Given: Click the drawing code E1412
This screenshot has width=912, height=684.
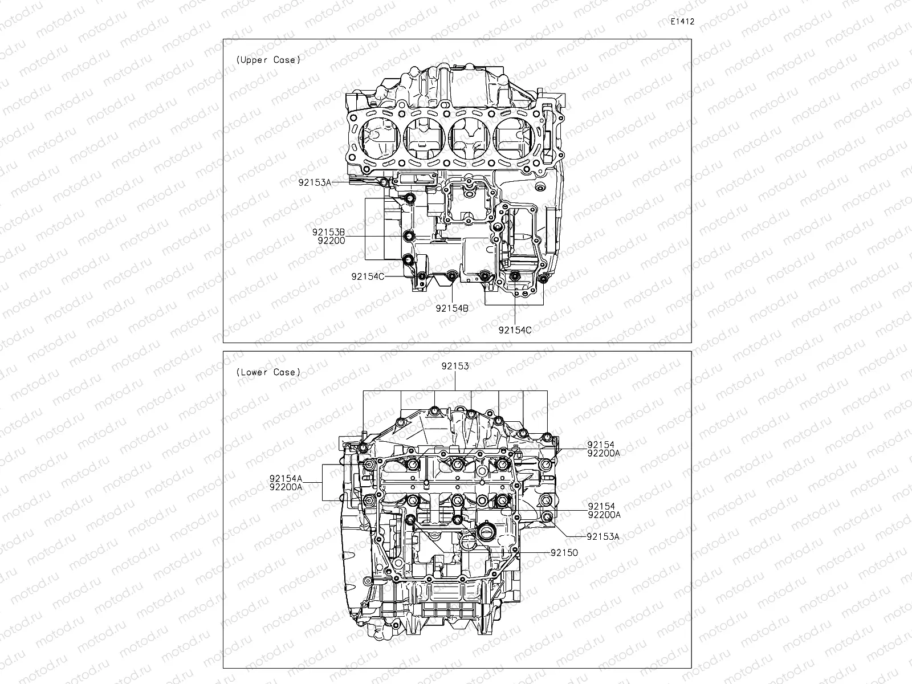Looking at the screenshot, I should [x=682, y=22].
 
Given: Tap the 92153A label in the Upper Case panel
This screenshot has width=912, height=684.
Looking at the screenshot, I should [x=314, y=182].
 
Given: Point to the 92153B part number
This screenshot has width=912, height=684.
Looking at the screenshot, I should [x=328, y=232].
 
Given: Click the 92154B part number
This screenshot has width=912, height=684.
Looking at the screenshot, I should [x=452, y=308].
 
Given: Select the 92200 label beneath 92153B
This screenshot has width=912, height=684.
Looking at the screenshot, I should [x=331, y=241].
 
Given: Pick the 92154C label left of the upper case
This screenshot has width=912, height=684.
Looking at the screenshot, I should [x=368, y=276].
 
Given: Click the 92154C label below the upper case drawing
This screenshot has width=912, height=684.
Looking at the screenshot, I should [x=515, y=329].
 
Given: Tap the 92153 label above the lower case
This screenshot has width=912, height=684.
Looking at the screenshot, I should [x=455, y=367].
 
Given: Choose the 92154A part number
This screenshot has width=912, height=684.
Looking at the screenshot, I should [x=286, y=478].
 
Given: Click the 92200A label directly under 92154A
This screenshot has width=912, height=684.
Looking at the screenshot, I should [x=286, y=487].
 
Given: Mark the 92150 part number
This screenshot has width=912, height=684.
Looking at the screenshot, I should [x=564, y=552].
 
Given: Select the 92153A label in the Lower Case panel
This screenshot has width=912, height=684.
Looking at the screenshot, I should [x=603, y=536].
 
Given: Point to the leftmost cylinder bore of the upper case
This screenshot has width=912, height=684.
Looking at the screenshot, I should [x=378, y=141].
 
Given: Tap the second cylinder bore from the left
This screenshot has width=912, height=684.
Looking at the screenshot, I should [x=424, y=141].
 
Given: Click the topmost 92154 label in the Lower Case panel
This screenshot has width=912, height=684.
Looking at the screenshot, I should [x=601, y=444].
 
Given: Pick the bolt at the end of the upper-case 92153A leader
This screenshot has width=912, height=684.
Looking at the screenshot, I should [x=383, y=182].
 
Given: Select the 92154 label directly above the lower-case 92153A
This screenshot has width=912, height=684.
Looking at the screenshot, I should [x=601, y=506].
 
